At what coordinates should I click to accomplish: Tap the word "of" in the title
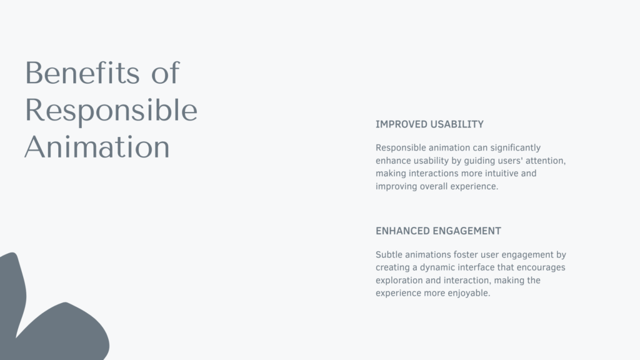point(166,73)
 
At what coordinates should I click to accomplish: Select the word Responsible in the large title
point(111,110)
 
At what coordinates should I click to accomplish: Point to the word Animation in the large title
point(97,147)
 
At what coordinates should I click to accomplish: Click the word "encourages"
point(542,267)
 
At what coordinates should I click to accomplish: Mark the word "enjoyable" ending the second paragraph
point(469,293)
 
